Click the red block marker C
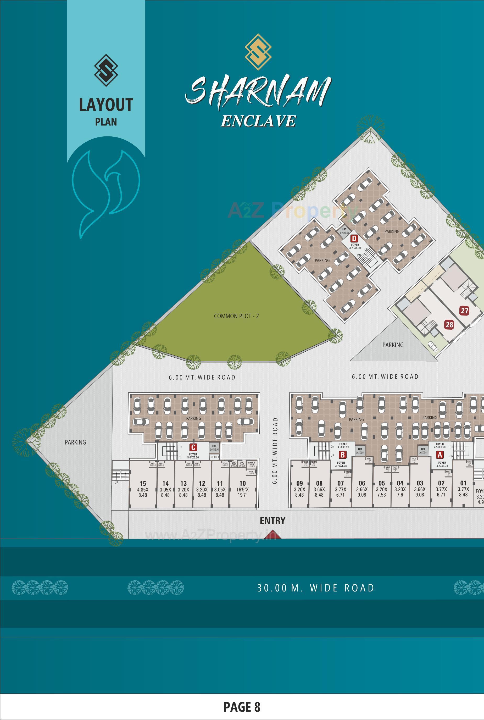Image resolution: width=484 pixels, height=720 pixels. pyautogui.click(x=193, y=447)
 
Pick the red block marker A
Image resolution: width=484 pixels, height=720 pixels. pyautogui.click(x=440, y=455)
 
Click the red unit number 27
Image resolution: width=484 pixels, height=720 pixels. pyautogui.click(x=464, y=311)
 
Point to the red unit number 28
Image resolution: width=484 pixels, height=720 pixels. pyautogui.click(x=449, y=324)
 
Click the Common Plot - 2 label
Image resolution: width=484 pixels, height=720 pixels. pyautogui.click(x=236, y=316)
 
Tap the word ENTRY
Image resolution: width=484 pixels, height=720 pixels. pyautogui.click(x=272, y=521)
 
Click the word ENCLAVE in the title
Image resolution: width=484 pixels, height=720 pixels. pyautogui.click(x=258, y=121)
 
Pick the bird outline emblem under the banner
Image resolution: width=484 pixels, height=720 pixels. pyautogui.click(x=105, y=191)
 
